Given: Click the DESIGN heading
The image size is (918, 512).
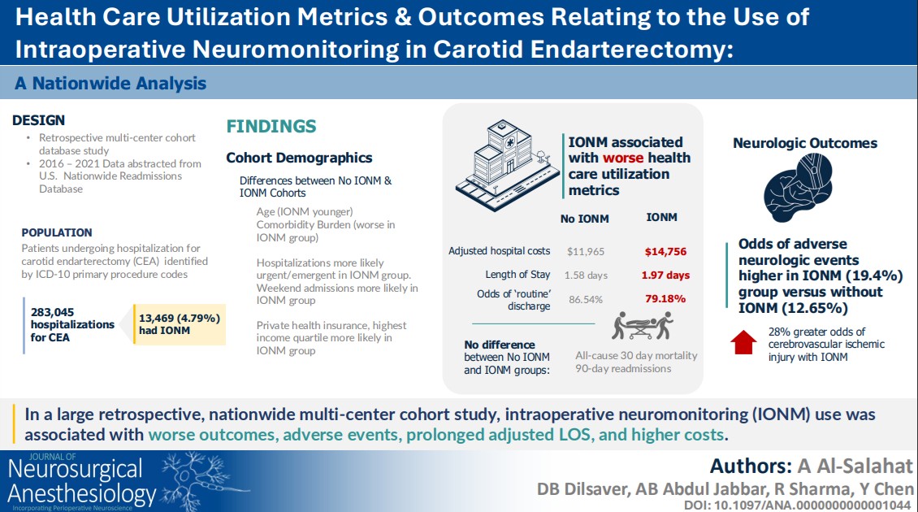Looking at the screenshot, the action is pyautogui.click(x=39, y=120).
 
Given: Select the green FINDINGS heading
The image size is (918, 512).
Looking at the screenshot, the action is pyautogui.click(x=271, y=126).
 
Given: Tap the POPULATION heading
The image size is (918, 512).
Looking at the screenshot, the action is pyautogui.click(x=57, y=232).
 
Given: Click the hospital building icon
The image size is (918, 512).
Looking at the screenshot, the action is pyautogui.click(x=506, y=165).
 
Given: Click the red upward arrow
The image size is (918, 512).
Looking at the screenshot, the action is pyautogui.click(x=743, y=343).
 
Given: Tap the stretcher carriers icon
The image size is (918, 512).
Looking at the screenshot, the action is pyautogui.click(x=643, y=326).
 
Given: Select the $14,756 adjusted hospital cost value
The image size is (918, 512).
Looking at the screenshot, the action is pyautogui.click(x=665, y=251).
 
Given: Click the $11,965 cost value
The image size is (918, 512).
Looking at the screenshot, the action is pyautogui.click(x=586, y=251).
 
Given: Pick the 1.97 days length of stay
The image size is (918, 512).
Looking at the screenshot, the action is pyautogui.click(x=665, y=275).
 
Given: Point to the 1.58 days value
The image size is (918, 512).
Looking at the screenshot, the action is pyautogui.click(x=586, y=275).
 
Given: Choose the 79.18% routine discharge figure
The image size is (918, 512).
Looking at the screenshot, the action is pyautogui.click(x=665, y=299).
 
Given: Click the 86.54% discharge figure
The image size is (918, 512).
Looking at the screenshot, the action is pyautogui.click(x=586, y=299).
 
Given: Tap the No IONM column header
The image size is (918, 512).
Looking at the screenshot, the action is pyautogui.click(x=584, y=219).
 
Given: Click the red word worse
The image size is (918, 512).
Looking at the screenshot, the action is pyautogui.click(x=622, y=158).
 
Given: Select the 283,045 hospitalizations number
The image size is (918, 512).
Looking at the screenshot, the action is pyautogui.click(x=52, y=312).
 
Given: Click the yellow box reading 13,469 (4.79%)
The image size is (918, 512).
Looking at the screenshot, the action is pyautogui.click(x=180, y=324).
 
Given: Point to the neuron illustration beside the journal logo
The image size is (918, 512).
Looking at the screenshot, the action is pyautogui.click(x=202, y=480).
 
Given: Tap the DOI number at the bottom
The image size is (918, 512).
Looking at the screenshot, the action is pyautogui.click(x=798, y=505).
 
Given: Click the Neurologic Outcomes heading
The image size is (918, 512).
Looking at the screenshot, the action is pyautogui.click(x=805, y=143).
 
